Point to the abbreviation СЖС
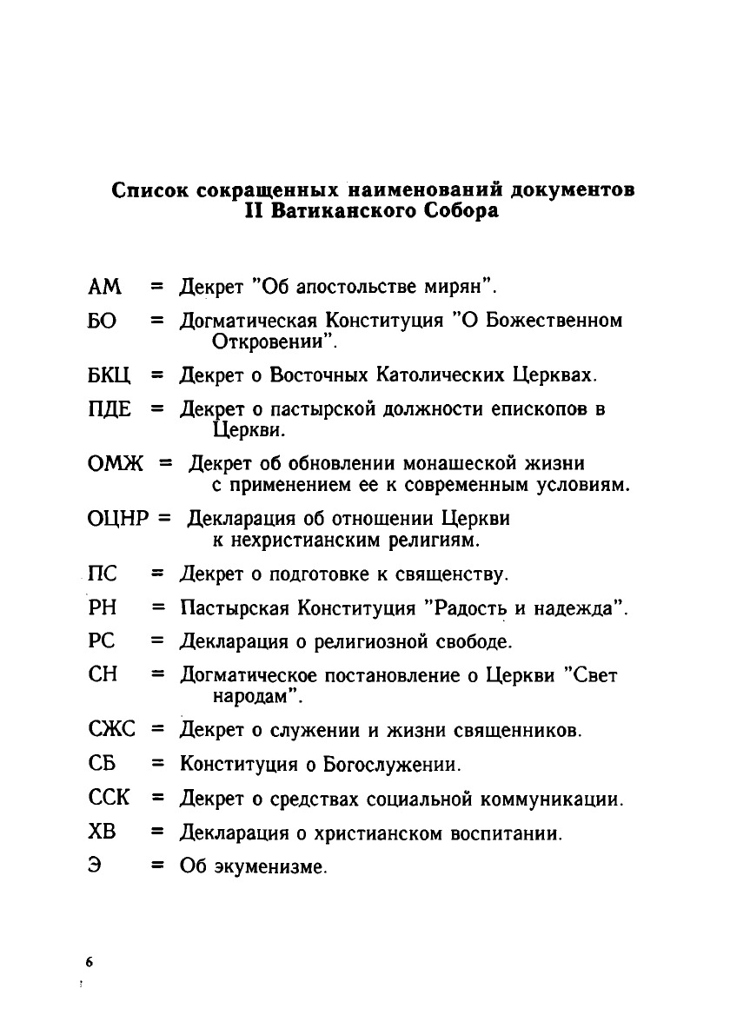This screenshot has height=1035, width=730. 112,730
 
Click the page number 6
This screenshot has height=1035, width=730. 89,963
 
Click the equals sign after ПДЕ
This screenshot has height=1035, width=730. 157,409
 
